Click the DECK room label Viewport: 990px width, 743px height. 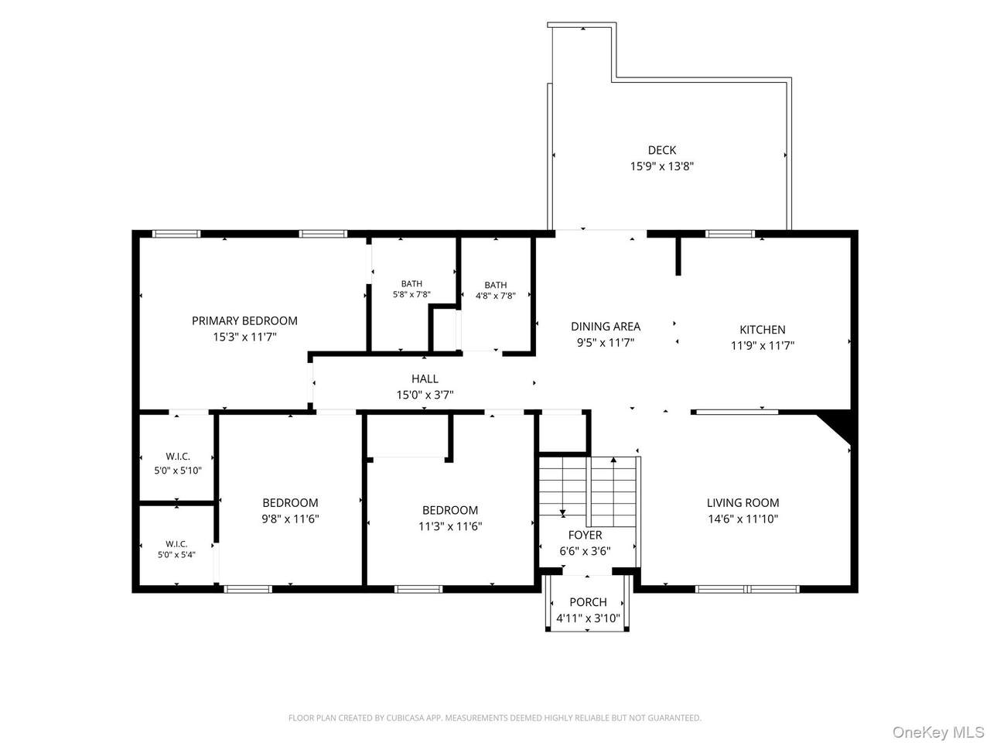pos(661,150)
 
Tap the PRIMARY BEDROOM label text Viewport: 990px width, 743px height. pos(244,320)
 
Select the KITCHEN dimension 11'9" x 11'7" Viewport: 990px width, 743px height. pos(762,345)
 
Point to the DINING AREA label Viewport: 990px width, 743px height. pos(606,326)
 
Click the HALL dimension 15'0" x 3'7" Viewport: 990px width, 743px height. pos(425,395)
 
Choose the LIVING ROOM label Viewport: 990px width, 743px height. pos(742,502)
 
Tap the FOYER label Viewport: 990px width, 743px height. pos(585,535)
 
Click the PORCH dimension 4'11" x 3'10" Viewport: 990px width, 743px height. pos(588,618)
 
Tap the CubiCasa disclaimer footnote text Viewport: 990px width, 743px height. pos(495,717)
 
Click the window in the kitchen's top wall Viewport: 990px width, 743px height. pos(729,234)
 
